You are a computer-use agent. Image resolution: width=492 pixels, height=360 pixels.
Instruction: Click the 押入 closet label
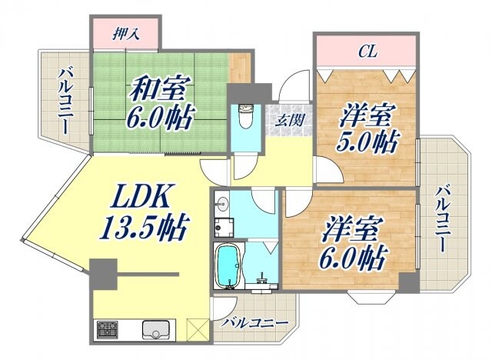[x=126, y=34]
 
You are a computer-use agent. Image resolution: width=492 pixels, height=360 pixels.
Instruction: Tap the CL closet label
[x=368, y=53]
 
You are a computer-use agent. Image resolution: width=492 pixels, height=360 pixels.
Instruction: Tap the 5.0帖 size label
[x=369, y=144]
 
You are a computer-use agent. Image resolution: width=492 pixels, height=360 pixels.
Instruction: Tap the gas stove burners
[x=107, y=330]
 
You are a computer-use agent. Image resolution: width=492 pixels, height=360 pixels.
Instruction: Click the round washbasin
[x=222, y=203]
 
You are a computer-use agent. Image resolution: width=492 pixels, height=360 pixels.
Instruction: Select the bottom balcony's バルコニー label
[x=254, y=322]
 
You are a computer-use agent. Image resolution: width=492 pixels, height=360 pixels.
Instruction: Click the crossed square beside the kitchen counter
[x=197, y=329]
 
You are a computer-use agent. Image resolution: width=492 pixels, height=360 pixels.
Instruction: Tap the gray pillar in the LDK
[x=102, y=272]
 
